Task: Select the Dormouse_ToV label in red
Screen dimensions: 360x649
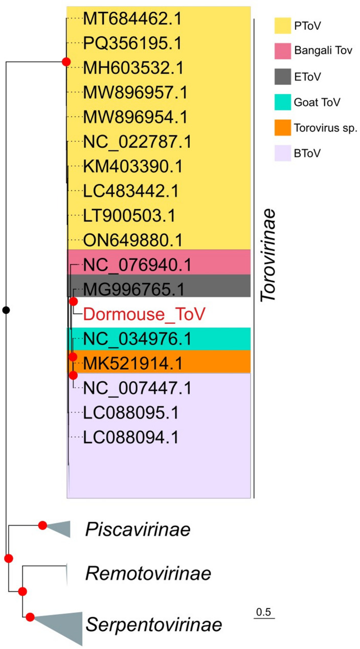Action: (x=144, y=314)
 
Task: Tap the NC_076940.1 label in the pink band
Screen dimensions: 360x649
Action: (x=137, y=265)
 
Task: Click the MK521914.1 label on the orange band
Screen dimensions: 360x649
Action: (x=133, y=363)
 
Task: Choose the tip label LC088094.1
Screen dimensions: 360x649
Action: (x=130, y=437)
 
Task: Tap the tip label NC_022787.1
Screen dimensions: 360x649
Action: (x=137, y=142)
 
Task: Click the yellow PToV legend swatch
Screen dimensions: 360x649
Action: (x=282, y=24)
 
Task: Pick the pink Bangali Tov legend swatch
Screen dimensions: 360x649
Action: (x=282, y=51)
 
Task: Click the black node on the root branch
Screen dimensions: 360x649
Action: (x=6, y=309)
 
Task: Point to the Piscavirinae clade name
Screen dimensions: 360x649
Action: (x=138, y=530)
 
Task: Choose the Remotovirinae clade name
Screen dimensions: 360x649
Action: (x=148, y=574)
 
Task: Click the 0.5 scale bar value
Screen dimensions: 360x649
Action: (x=264, y=612)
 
